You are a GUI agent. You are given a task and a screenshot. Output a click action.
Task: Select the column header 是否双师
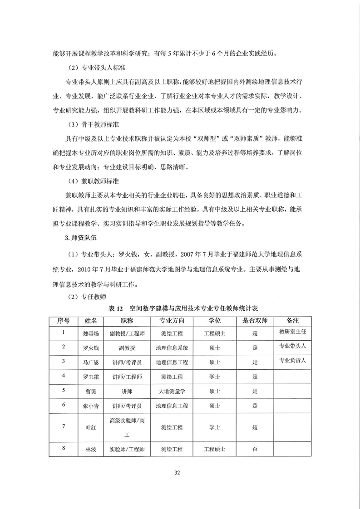point(255,320)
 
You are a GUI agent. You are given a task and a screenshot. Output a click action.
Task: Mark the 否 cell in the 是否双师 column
point(255,449)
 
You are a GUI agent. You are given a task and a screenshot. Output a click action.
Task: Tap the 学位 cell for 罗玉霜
point(215,377)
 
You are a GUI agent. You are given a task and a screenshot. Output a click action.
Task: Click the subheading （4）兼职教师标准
point(92,181)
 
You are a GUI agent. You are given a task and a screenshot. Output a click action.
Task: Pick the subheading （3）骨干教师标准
point(92,125)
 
